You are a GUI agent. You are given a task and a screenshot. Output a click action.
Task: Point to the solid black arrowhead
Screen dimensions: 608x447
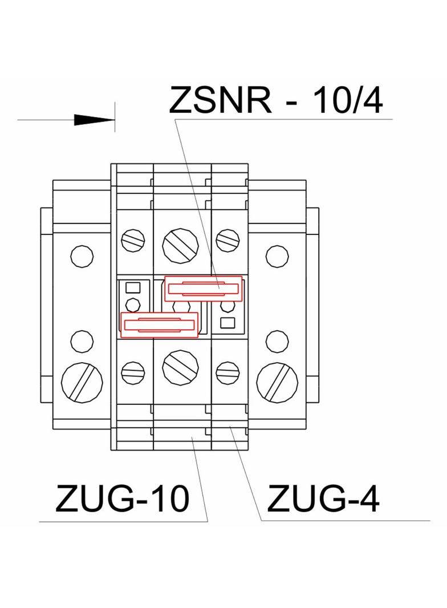94,120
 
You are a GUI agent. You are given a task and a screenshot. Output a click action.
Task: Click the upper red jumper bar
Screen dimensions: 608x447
204,289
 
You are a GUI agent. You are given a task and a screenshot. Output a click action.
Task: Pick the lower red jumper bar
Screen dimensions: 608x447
160,325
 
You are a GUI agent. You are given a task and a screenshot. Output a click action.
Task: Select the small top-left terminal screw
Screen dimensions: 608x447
133,240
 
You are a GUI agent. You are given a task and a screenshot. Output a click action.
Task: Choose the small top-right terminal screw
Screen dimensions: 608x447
228,240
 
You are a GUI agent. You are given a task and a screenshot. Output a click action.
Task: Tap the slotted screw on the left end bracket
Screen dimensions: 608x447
82,382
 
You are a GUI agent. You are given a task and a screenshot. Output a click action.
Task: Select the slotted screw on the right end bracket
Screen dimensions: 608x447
277,382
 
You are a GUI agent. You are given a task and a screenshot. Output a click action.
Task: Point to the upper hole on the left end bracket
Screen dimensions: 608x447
82,255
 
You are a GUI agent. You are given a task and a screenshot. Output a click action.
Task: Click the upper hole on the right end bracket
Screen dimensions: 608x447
277,255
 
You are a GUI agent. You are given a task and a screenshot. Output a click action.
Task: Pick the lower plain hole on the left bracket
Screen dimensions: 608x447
82,341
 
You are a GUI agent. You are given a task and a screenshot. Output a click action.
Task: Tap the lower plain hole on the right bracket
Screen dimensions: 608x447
277,341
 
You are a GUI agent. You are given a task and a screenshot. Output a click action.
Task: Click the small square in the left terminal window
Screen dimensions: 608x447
133,287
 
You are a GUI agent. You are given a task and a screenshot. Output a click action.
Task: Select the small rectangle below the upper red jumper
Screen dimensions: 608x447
227,323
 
